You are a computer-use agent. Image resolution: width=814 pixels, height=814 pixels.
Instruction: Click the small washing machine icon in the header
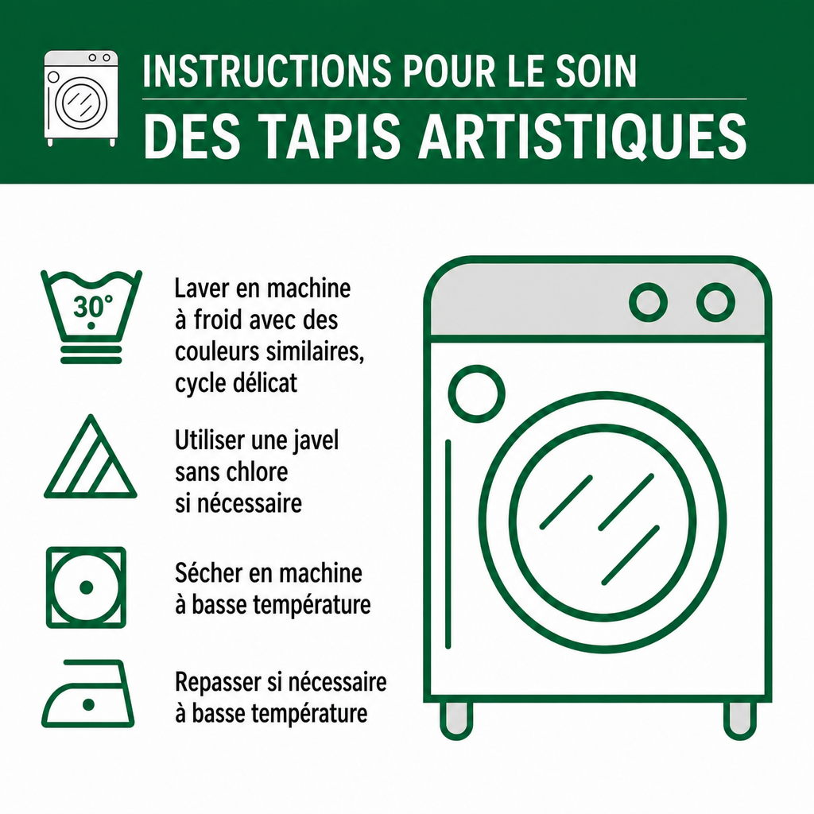(81, 98)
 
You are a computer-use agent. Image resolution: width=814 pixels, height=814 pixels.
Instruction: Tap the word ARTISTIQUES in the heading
(583, 136)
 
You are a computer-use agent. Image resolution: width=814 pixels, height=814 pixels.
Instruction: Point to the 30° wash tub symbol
(91, 316)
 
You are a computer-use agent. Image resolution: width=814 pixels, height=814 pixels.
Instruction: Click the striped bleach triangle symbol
(91, 457)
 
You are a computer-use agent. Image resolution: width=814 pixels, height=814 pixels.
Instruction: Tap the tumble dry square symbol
(86, 587)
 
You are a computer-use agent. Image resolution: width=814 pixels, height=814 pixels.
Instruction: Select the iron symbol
(87, 693)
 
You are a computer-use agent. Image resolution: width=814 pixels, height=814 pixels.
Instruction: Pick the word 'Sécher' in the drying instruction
(209, 573)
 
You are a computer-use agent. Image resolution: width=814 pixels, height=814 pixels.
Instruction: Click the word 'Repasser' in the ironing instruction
(218, 682)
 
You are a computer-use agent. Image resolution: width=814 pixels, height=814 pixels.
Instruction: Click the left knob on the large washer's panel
(648, 302)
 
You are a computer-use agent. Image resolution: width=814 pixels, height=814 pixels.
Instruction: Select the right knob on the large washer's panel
(715, 302)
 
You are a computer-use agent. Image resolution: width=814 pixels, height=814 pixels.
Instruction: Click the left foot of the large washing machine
(456, 720)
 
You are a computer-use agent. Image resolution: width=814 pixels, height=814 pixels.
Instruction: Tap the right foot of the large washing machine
(740, 720)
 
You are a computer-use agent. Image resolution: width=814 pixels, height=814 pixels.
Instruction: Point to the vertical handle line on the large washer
(448, 545)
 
